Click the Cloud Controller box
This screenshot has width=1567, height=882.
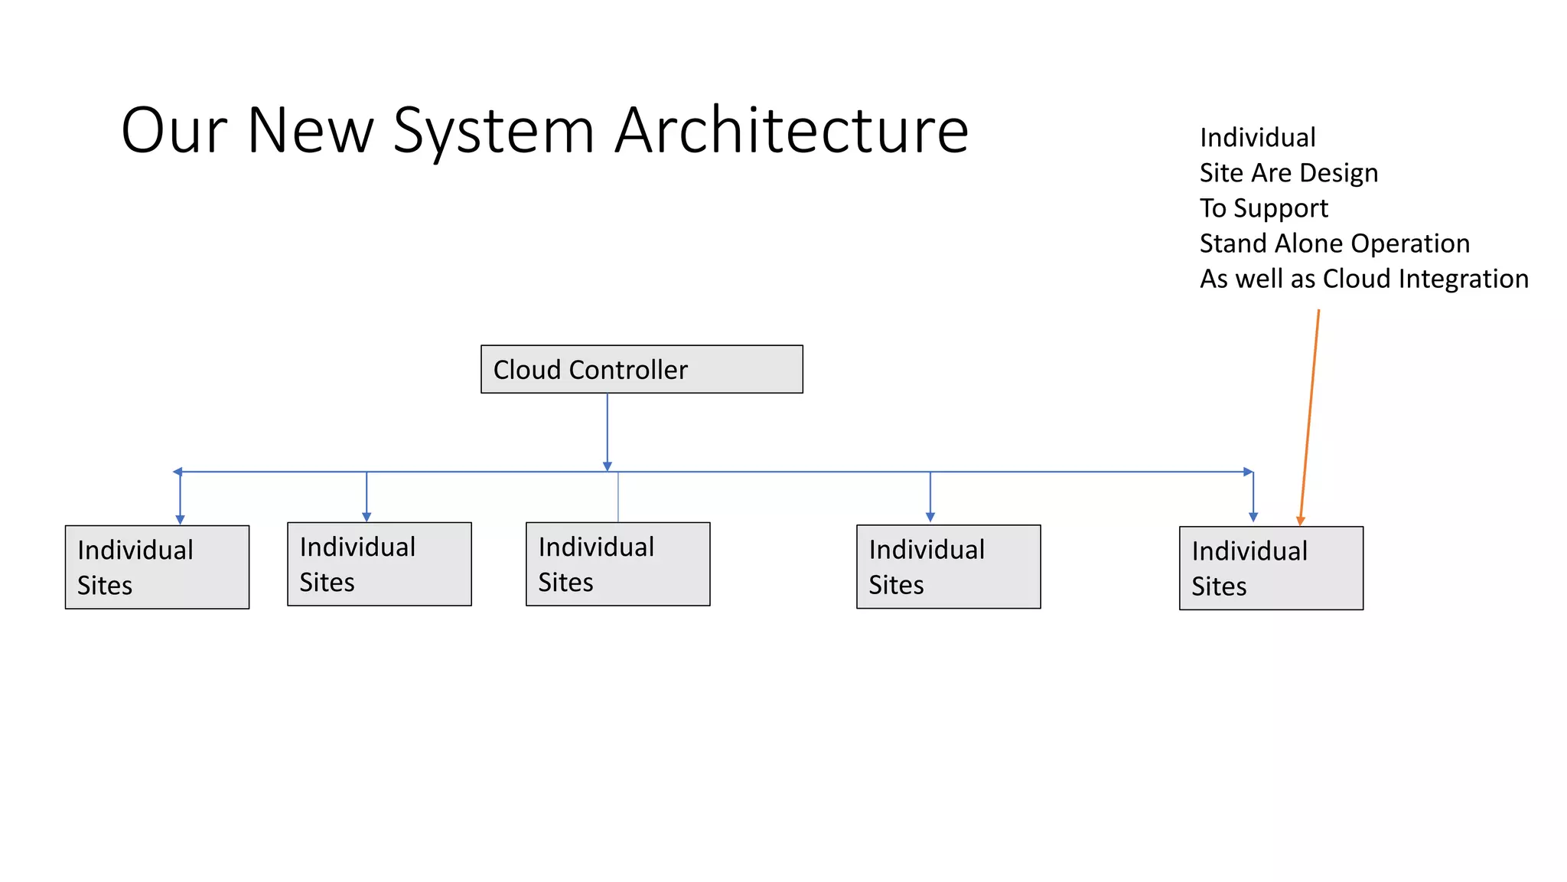click(x=641, y=369)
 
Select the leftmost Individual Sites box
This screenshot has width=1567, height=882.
click(x=157, y=567)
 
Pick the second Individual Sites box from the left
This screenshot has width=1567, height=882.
click(x=379, y=564)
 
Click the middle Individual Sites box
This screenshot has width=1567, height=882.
click(x=617, y=564)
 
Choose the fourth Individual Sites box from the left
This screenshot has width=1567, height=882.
click(x=948, y=567)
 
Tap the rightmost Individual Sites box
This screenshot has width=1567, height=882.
click(x=1271, y=568)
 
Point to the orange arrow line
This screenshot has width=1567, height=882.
click(x=1310, y=413)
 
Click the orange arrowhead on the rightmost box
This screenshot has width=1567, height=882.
click(x=1300, y=521)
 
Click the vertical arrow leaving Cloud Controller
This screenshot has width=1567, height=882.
click(x=608, y=429)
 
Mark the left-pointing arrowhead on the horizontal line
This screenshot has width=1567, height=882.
click(x=178, y=472)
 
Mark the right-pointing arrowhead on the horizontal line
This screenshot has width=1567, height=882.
click(x=1248, y=472)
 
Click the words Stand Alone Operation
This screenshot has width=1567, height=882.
click(x=1334, y=243)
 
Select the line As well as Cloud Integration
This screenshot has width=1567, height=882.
click(x=1363, y=279)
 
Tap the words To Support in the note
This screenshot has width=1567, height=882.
click(x=1263, y=208)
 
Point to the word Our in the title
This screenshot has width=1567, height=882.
click(x=174, y=130)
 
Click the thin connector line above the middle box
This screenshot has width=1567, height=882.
click(x=618, y=498)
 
